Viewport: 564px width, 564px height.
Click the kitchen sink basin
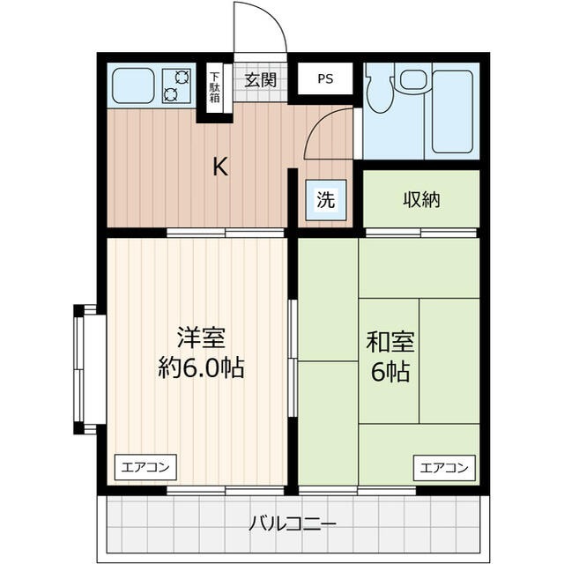tap(133, 85)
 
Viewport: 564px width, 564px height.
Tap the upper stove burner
tap(182, 77)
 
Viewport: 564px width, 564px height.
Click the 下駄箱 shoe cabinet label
tap(215, 87)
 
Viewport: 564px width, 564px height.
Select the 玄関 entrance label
tap(261, 80)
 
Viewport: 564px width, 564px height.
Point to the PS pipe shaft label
tap(325, 78)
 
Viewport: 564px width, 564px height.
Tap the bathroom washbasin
tap(413, 79)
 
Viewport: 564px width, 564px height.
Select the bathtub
tap(452, 112)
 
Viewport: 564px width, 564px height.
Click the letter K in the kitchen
tap(220, 167)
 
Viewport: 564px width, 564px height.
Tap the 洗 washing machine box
tap(326, 200)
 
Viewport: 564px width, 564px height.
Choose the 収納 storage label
tap(421, 200)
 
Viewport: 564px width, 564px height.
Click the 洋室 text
tap(201, 337)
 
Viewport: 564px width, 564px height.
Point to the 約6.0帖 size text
tap(202, 367)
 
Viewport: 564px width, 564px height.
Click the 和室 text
tap(390, 341)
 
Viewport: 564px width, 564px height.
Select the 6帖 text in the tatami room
tap(390, 372)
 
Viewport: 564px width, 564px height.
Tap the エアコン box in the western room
tap(145, 467)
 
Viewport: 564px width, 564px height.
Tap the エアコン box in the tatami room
tap(444, 468)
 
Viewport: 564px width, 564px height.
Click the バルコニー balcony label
tap(293, 523)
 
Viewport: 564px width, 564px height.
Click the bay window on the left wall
tap(85, 369)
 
